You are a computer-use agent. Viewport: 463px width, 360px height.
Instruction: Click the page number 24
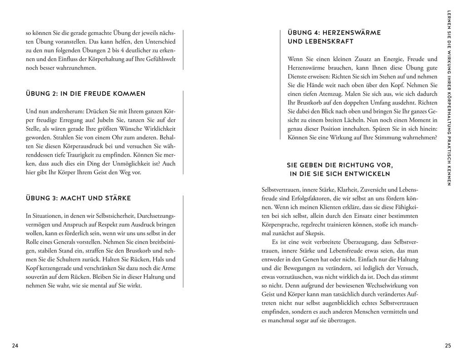(x=15, y=346)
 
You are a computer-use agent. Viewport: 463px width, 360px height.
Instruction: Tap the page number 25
(x=448, y=346)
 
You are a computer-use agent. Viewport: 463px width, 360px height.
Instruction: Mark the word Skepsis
(x=322, y=233)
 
